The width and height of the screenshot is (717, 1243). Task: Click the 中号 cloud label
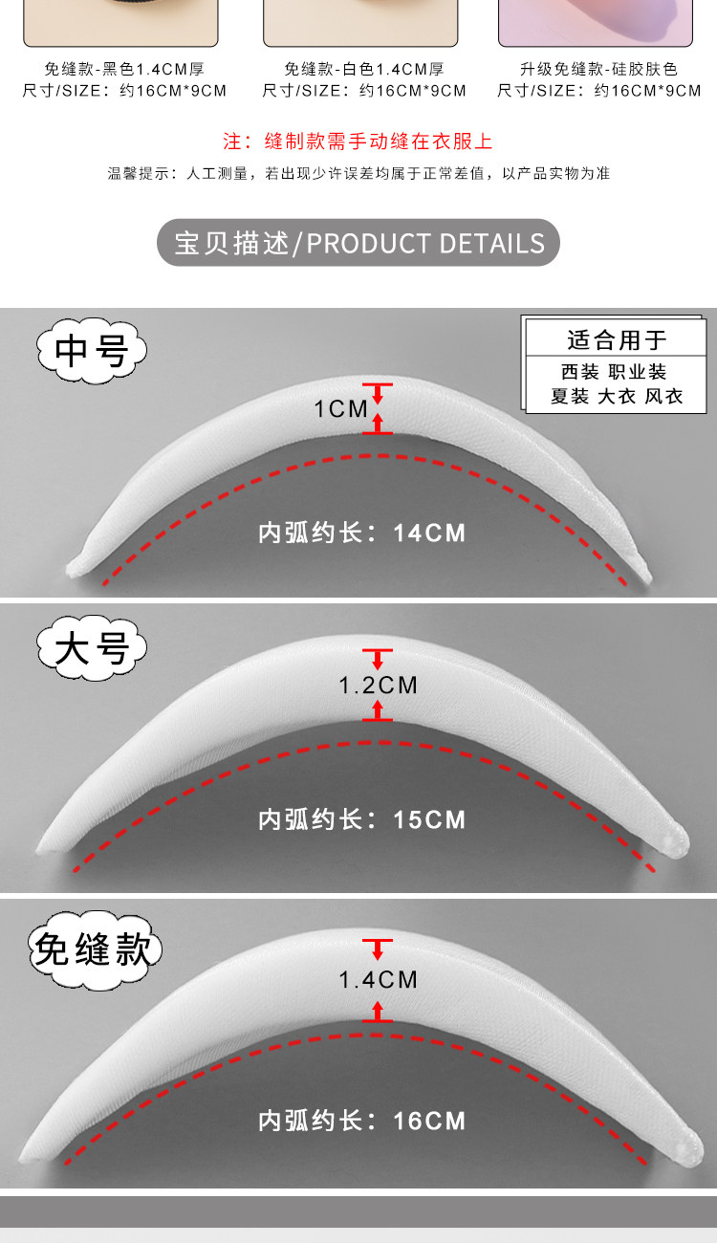(x=92, y=350)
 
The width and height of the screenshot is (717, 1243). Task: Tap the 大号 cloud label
(x=92, y=647)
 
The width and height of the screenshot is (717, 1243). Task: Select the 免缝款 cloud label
(x=95, y=950)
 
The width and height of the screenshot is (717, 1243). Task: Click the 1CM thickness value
(x=340, y=409)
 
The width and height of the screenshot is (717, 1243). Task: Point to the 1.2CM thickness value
(x=378, y=686)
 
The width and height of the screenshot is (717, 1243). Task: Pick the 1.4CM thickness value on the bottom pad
(x=378, y=979)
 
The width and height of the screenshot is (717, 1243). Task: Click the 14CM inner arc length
(x=429, y=534)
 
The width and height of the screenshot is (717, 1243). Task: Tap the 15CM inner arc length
(x=429, y=819)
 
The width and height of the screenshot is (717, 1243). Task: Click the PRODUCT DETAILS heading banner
(x=358, y=243)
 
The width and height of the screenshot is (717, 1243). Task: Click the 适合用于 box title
(x=616, y=340)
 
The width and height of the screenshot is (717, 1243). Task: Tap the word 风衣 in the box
(x=663, y=396)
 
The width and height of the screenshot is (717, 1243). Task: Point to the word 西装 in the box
(x=580, y=371)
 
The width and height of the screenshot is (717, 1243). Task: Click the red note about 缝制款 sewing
(x=358, y=142)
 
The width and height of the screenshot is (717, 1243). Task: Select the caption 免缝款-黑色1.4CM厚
(x=124, y=70)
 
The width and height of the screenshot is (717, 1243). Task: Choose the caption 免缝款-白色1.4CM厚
(x=364, y=70)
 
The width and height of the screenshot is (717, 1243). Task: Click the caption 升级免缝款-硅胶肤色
(x=598, y=70)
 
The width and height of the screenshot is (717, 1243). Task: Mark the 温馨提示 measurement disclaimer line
(x=358, y=174)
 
